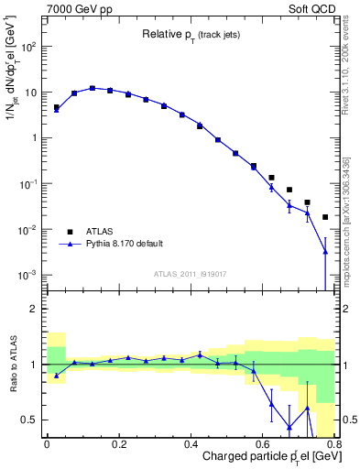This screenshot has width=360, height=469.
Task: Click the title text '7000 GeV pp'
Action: click(x=74, y=8)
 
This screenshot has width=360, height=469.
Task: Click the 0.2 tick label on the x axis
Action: click(x=118, y=443)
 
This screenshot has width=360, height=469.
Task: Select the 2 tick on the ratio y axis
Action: click(x=35, y=309)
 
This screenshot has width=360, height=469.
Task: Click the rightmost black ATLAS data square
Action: click(x=325, y=217)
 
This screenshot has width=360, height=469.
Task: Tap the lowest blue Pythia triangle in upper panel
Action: click(x=325, y=252)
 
